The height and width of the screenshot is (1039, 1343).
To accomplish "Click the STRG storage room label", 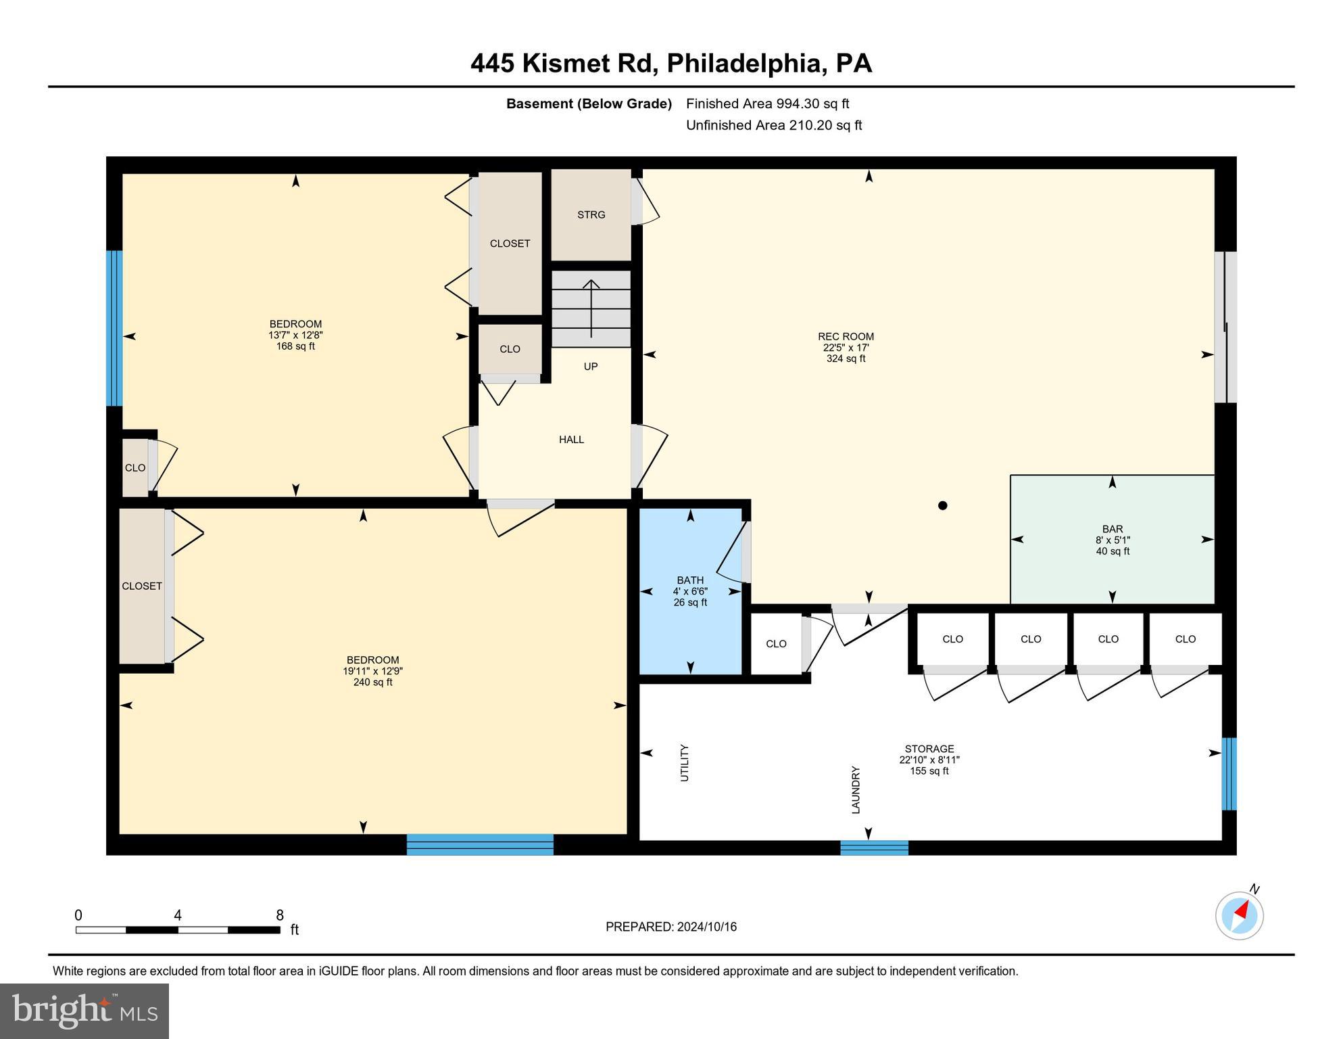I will coord(591,214).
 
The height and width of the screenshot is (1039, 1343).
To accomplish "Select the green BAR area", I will coord(1112,539).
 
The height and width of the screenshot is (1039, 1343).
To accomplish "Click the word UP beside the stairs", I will coord(591,367).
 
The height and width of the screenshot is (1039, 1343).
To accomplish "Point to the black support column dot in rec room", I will coord(942,505).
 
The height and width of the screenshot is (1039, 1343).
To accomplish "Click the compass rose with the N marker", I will coord(1239,916).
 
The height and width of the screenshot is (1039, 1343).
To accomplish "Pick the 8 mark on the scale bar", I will coord(279,915).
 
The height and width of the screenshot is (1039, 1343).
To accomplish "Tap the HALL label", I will coord(571,440).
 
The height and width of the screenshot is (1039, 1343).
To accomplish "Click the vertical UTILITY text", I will coord(685,763).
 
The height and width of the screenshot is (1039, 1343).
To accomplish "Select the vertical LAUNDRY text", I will coord(856,789).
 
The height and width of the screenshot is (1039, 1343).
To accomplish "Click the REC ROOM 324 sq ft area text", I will coord(846,359).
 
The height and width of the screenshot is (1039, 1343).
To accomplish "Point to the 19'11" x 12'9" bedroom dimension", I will coord(372,671).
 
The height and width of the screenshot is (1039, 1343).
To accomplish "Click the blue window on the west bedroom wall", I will coord(115,328).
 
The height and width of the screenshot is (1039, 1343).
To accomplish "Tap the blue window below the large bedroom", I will coord(480,844).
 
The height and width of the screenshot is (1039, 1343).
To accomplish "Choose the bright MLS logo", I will coord(84,1011).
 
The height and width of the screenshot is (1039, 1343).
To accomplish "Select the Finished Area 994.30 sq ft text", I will coord(767,103).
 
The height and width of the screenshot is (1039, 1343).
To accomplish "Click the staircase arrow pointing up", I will coord(591,308).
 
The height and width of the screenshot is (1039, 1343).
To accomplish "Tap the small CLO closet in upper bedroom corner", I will coord(135,468).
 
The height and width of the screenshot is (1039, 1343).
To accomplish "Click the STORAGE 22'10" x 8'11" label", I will coord(929,760).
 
